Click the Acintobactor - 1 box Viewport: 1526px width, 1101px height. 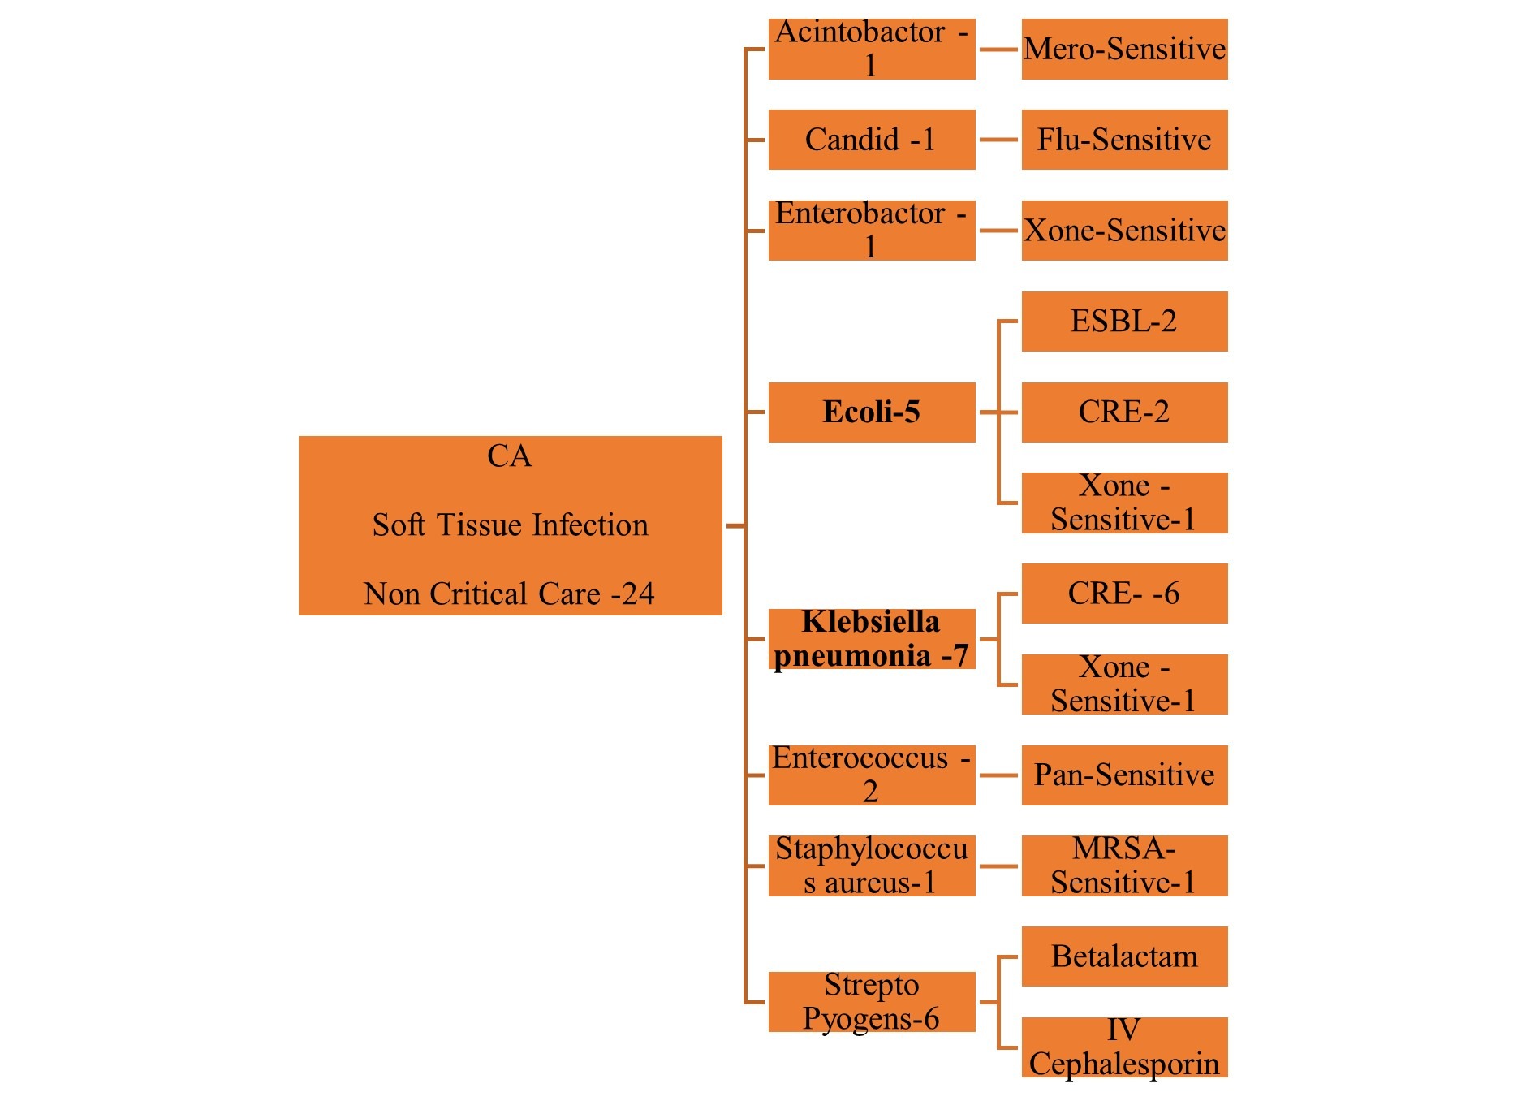click(x=872, y=49)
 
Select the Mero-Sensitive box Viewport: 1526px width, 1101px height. click(x=1124, y=49)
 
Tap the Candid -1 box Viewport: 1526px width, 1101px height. click(x=872, y=140)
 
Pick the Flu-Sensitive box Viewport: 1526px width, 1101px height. click(x=1124, y=140)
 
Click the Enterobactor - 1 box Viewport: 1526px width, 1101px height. click(x=872, y=231)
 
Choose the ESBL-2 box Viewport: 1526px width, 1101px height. click(x=1124, y=322)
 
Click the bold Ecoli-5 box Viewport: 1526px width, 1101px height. click(x=872, y=412)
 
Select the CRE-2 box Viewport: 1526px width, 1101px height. click(x=1124, y=412)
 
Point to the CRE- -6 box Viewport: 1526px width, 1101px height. click(x=1124, y=594)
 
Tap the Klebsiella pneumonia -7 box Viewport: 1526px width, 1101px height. click(x=872, y=639)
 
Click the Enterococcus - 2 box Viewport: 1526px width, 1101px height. click(x=872, y=775)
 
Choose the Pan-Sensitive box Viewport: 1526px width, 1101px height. click(x=1124, y=775)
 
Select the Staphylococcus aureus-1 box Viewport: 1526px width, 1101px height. click(x=872, y=866)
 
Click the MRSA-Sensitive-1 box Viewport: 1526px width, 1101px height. click(x=1124, y=866)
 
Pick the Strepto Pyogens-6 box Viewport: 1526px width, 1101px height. click(x=872, y=1002)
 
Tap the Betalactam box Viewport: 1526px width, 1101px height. click(x=1124, y=956)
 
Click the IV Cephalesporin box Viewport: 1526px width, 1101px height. click(x=1124, y=1047)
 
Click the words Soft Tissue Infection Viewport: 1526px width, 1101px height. click(x=511, y=525)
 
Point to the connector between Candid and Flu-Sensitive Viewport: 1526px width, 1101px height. click(x=998, y=140)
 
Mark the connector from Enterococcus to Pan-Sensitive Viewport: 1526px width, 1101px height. click(x=998, y=775)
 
